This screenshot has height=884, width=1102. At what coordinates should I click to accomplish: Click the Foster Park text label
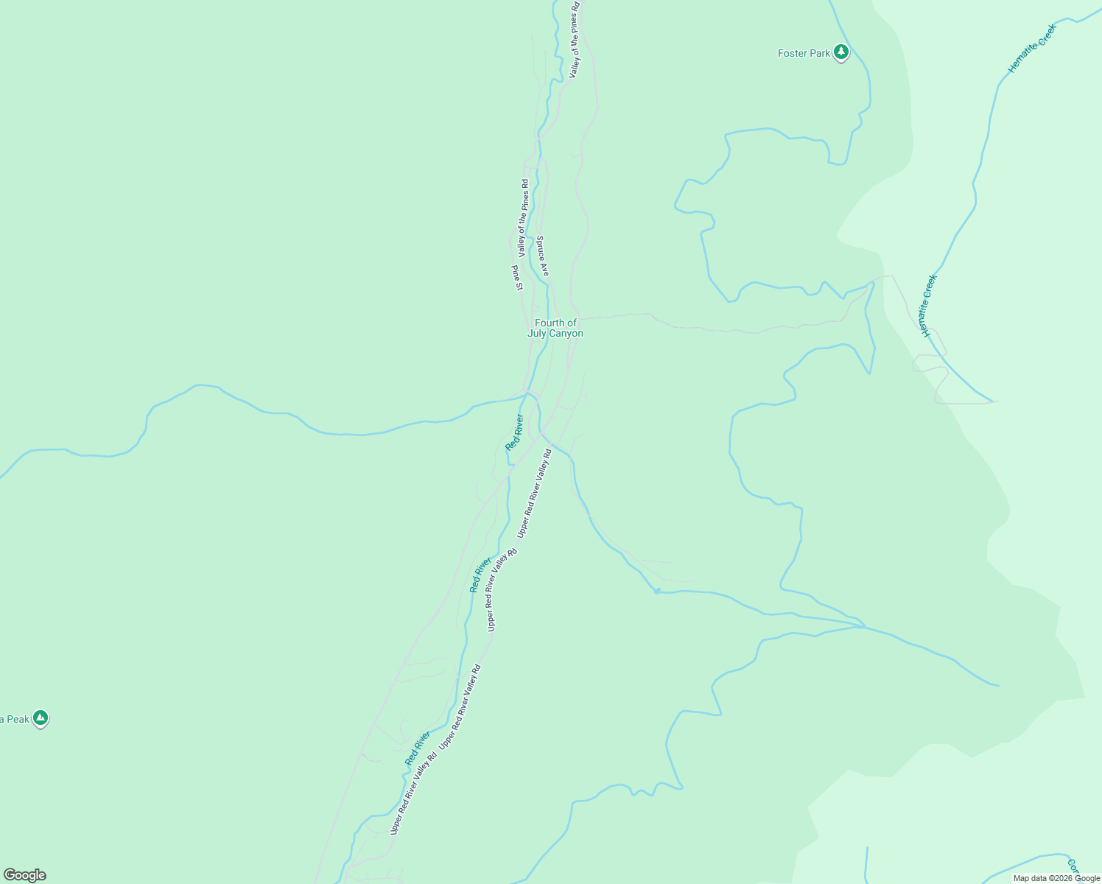click(804, 53)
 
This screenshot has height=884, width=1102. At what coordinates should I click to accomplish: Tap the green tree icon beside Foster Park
click(841, 53)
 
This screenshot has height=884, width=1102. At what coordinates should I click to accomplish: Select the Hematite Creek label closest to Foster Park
click(1032, 49)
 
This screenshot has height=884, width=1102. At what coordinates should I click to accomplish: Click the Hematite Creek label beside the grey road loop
click(930, 306)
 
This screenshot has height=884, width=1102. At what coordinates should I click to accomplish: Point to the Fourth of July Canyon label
click(555, 328)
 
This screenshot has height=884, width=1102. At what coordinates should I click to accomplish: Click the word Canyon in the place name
click(564, 334)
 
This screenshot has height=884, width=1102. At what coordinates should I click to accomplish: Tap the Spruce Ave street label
click(542, 256)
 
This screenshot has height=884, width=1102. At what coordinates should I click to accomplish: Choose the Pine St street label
click(517, 278)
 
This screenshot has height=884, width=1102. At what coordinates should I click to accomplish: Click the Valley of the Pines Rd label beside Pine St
click(523, 217)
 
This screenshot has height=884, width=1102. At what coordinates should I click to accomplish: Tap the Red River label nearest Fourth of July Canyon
click(514, 432)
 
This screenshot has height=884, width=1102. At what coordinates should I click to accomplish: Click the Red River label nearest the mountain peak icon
click(418, 748)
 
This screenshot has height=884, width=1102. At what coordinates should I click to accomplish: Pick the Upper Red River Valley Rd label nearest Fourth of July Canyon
click(534, 493)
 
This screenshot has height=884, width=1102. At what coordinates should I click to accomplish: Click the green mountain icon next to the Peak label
click(41, 718)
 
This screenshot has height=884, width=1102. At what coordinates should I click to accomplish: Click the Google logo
click(24, 875)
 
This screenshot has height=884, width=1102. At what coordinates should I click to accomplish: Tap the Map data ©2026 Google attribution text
click(1056, 878)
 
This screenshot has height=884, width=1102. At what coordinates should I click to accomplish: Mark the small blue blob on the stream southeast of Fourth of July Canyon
click(657, 591)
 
